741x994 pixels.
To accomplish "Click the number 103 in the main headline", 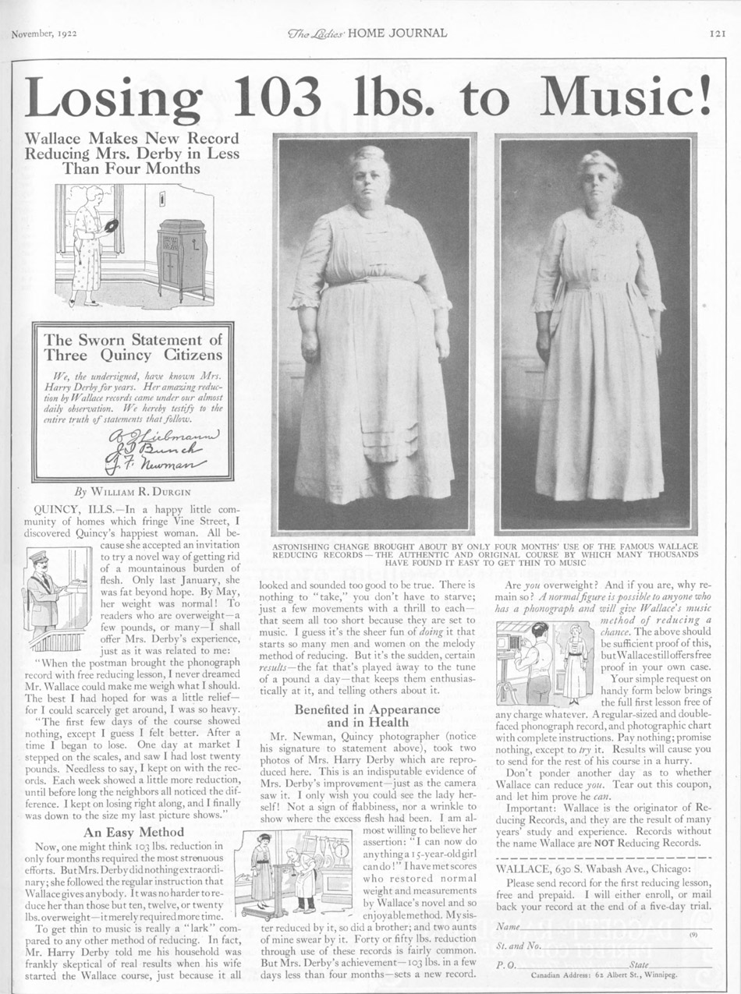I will [278, 97].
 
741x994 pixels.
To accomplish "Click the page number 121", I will [718, 33].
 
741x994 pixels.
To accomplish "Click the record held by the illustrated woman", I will [111, 225].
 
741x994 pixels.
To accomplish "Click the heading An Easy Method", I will [133, 831].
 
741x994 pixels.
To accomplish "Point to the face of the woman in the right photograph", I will [598, 181].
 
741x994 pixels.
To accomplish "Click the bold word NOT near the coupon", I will [606, 844].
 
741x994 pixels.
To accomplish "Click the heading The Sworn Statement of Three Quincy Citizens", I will [133, 348].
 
